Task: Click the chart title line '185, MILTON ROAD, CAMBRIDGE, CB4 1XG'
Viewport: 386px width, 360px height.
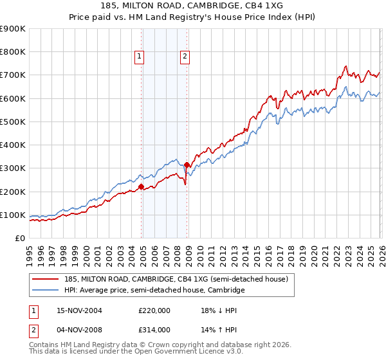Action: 192,5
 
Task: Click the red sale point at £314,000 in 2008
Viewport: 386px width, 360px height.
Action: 187,165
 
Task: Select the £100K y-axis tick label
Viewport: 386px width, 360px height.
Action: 13,215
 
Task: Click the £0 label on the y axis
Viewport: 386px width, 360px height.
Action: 21,238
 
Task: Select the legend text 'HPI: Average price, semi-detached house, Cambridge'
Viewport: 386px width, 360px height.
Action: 154,291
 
